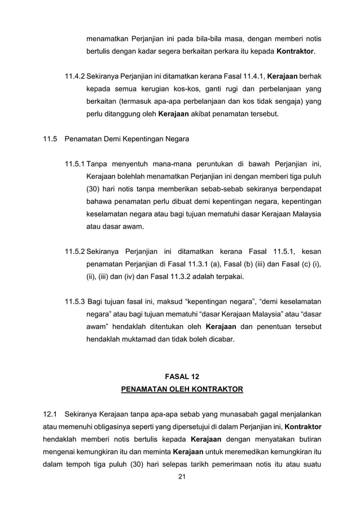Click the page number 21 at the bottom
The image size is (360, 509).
[181, 478]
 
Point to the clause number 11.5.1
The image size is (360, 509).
[74, 165]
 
